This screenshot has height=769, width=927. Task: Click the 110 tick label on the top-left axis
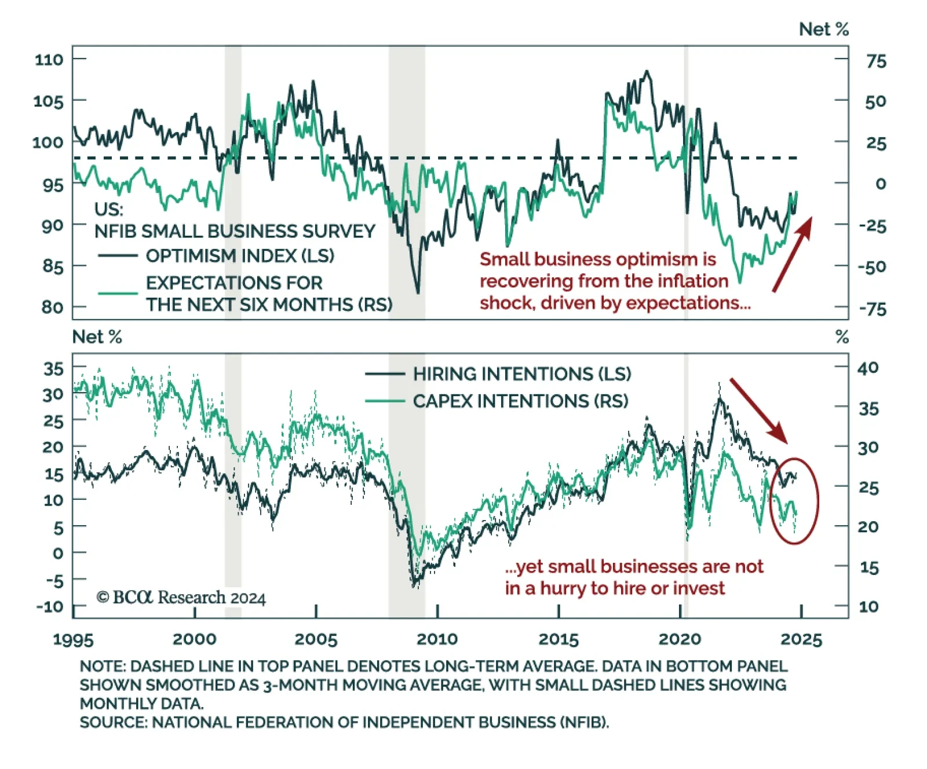pyautogui.click(x=49, y=60)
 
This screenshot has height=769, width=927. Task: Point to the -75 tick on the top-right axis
pyautogui.click(x=873, y=309)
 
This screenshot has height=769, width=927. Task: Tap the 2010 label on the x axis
pyautogui.click(x=437, y=639)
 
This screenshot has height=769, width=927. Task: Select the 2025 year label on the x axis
pyautogui.click(x=801, y=639)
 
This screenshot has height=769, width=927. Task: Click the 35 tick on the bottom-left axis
pyautogui.click(x=53, y=368)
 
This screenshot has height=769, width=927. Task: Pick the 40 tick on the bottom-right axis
pyautogui.click(x=868, y=368)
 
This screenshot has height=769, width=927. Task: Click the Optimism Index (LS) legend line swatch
pyautogui.click(x=118, y=255)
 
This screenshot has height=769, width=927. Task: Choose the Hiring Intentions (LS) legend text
pyautogui.click(x=522, y=374)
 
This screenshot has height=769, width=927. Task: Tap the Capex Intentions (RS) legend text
pyautogui.click(x=520, y=401)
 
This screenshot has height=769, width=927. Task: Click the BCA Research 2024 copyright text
pyautogui.click(x=181, y=597)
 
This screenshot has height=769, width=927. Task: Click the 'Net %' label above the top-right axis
pyautogui.click(x=823, y=29)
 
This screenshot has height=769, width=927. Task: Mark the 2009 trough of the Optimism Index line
pyautogui.click(x=418, y=292)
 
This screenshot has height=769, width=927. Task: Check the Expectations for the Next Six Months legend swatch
pyautogui.click(x=118, y=293)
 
